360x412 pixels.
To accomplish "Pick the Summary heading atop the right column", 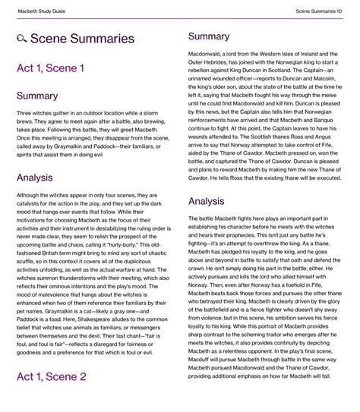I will [208, 36].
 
